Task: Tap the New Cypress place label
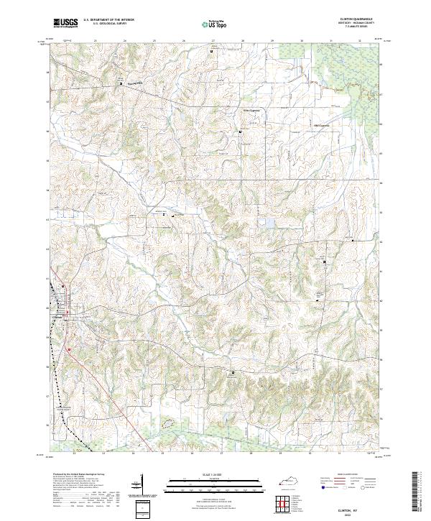click(249, 111)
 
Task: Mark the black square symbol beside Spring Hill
click(121, 84)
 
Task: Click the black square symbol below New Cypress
click(241, 133)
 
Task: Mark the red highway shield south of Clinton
click(69, 350)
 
